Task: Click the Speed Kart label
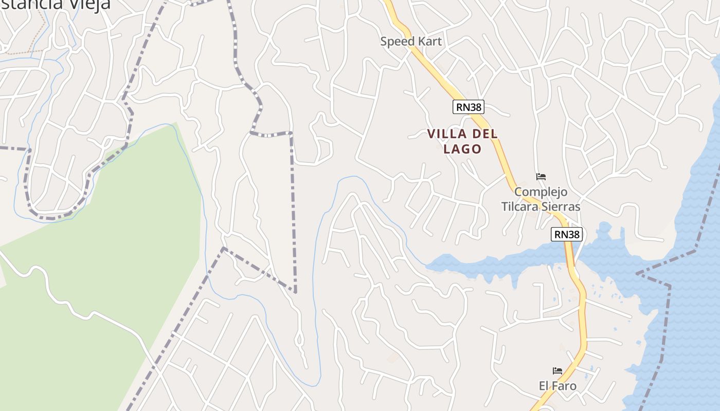(411, 42)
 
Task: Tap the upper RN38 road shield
(468, 107)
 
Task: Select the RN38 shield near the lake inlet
(567, 234)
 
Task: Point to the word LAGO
(462, 149)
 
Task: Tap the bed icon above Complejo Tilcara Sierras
(541, 177)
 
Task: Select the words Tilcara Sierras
(541, 207)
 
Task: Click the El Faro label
(557, 385)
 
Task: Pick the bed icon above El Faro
(557, 370)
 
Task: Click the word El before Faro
(544, 385)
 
